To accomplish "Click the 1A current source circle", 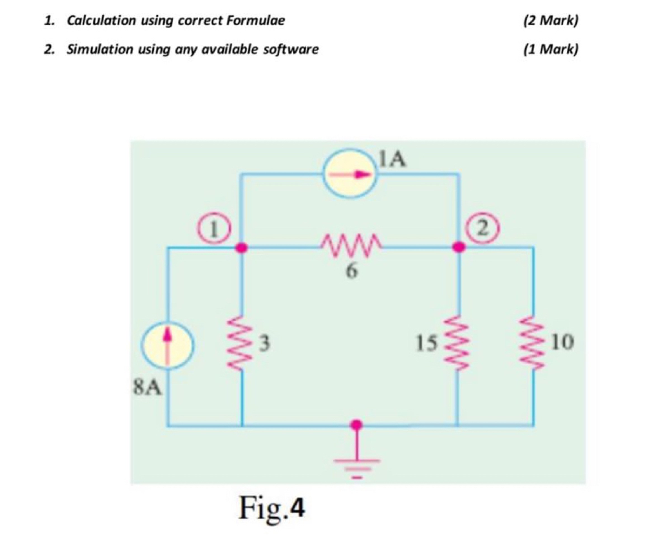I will [350, 173].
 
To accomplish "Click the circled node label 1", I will [214, 229].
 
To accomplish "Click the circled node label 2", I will [482, 229].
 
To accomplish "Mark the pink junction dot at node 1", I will [241, 248].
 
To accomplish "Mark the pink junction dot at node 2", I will [458, 248].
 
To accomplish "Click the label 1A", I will [392, 159].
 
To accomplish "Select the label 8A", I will [147, 388].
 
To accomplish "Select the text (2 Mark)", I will [550, 20].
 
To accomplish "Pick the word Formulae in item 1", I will [255, 20].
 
